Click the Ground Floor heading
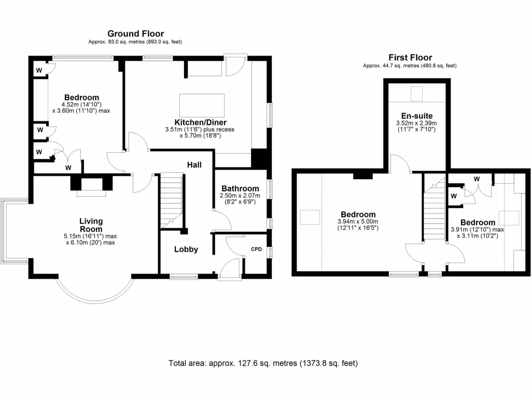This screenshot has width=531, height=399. click(135, 34)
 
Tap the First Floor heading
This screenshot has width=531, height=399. click(410, 57)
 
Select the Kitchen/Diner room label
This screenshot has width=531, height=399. click(201, 122)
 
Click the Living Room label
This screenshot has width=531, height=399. click(91, 225)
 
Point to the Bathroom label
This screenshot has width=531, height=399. click(240, 188)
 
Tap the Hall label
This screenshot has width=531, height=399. click(194, 165)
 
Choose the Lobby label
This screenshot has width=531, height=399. click(186, 249)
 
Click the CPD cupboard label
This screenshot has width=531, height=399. click(256, 249)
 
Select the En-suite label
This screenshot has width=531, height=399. click(417, 116)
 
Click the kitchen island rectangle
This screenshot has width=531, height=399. click(202, 105)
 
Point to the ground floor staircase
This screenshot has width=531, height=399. click(172, 201)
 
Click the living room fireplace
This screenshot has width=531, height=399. click(91, 185)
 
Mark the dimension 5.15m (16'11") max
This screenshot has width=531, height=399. click(90, 236)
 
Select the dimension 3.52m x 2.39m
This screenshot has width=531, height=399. click(416, 123)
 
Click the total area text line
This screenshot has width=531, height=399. click(263, 363)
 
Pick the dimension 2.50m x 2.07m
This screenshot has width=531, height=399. click(240, 195)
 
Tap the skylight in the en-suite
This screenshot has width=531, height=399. click(416, 94)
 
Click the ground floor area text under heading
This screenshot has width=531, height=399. click(135, 42)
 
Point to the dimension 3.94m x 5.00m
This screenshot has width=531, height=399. click(358, 221)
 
